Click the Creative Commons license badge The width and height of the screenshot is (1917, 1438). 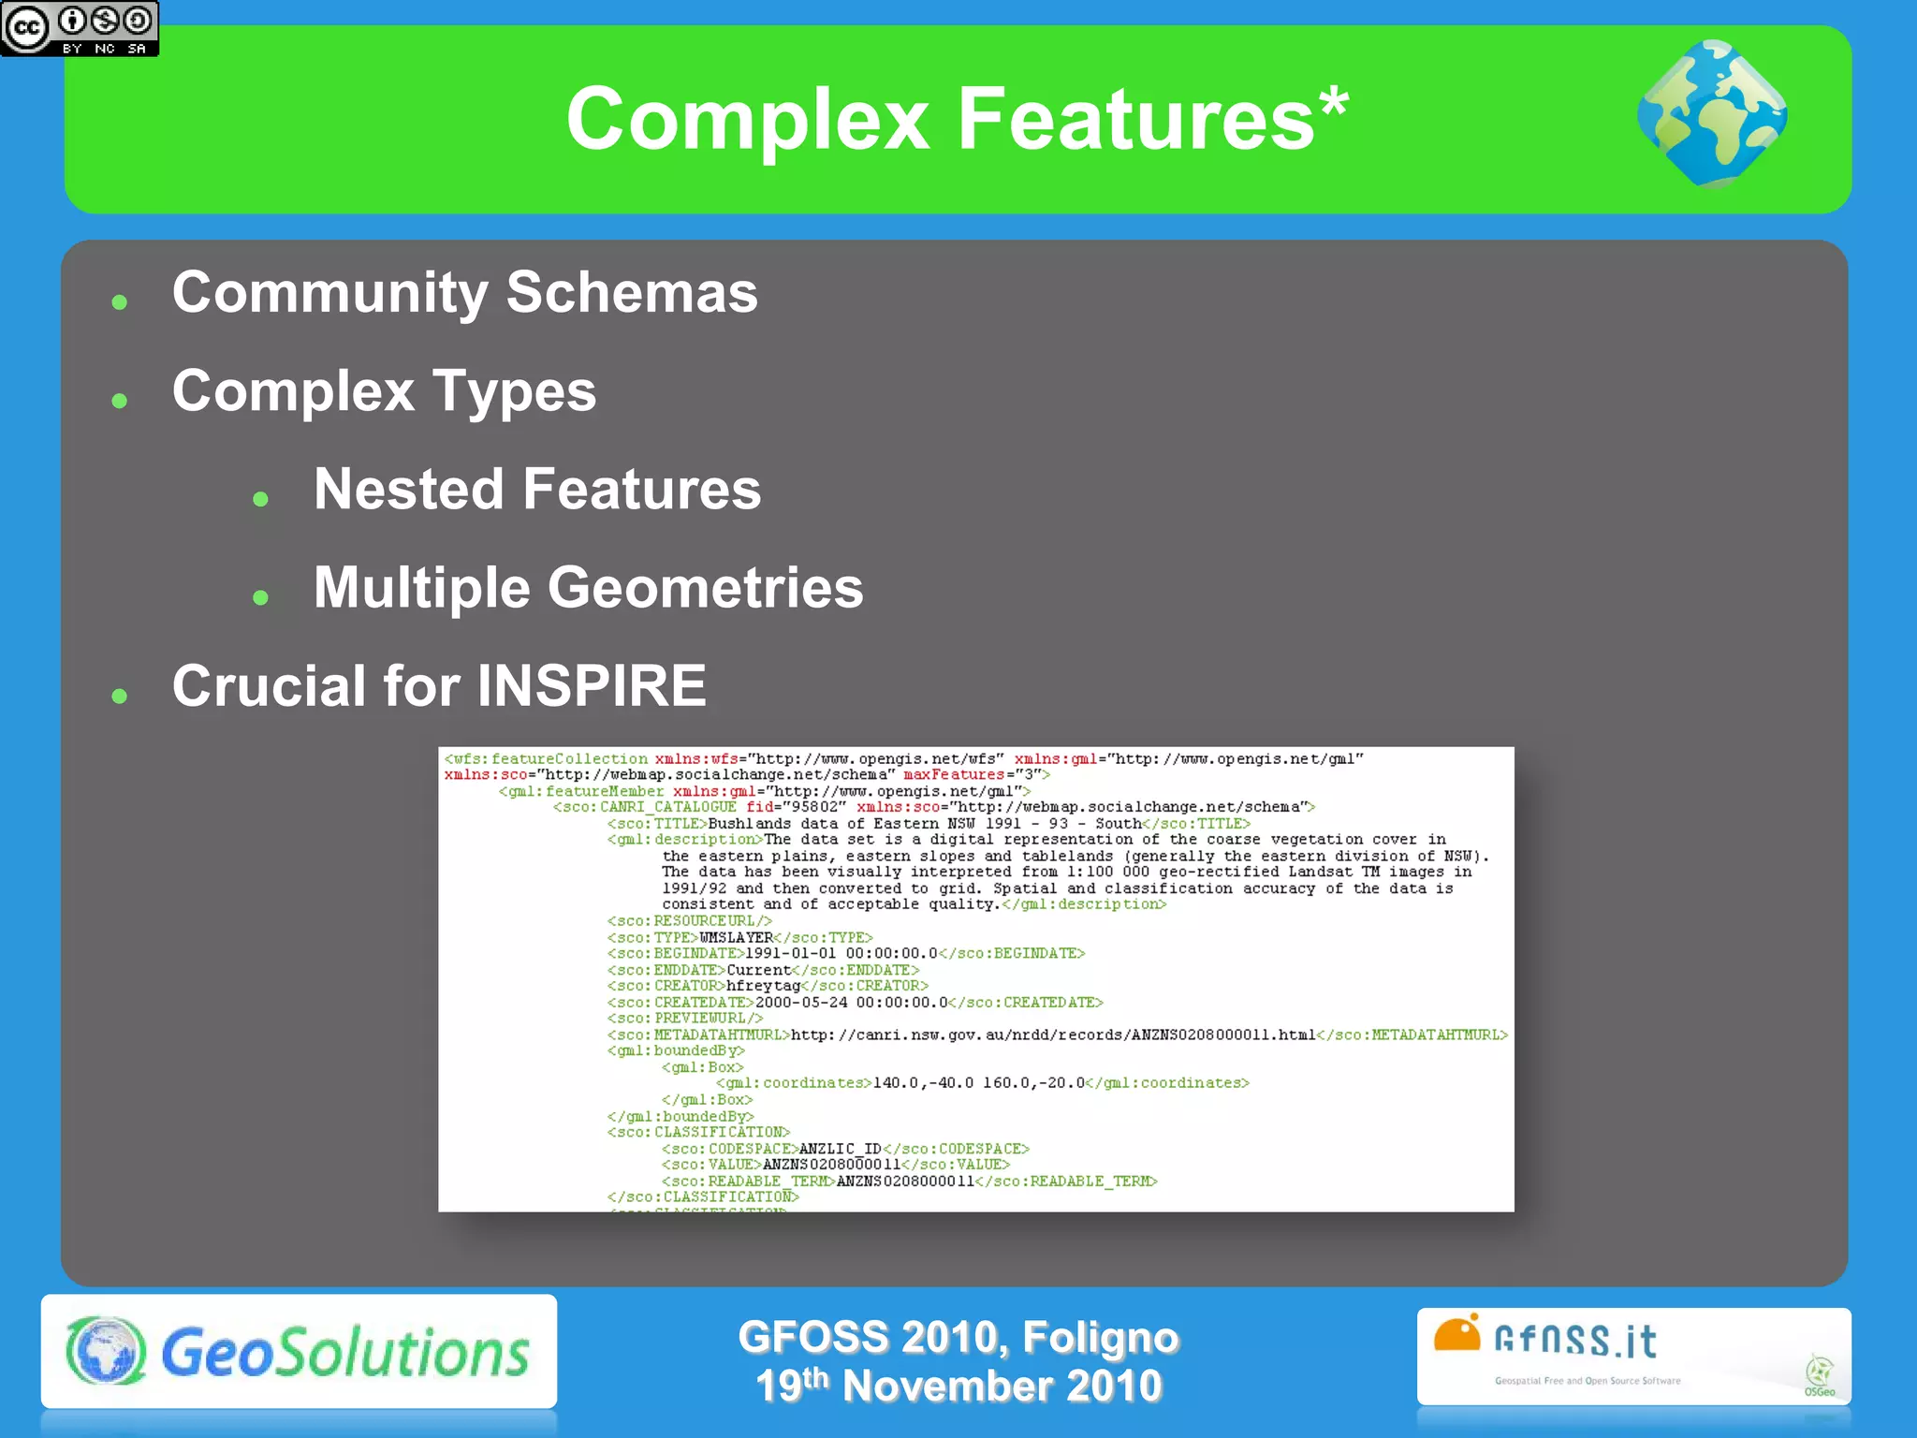pos(80,28)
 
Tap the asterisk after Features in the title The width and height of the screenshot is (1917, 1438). pos(1333,105)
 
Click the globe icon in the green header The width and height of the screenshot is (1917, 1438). pos(1711,114)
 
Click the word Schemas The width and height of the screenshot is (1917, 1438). pos(632,293)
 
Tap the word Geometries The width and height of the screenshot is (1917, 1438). pos(705,588)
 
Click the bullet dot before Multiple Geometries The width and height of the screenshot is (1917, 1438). pos(261,597)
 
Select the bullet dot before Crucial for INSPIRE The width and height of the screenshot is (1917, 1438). pos(119,695)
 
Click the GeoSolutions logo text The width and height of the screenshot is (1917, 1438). pos(345,1353)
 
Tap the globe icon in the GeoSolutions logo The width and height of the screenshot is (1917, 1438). pos(106,1351)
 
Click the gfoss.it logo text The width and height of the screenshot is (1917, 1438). pos(1575,1341)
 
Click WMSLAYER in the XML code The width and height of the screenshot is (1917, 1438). pos(736,937)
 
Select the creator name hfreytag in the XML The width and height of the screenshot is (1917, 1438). pos(763,986)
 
